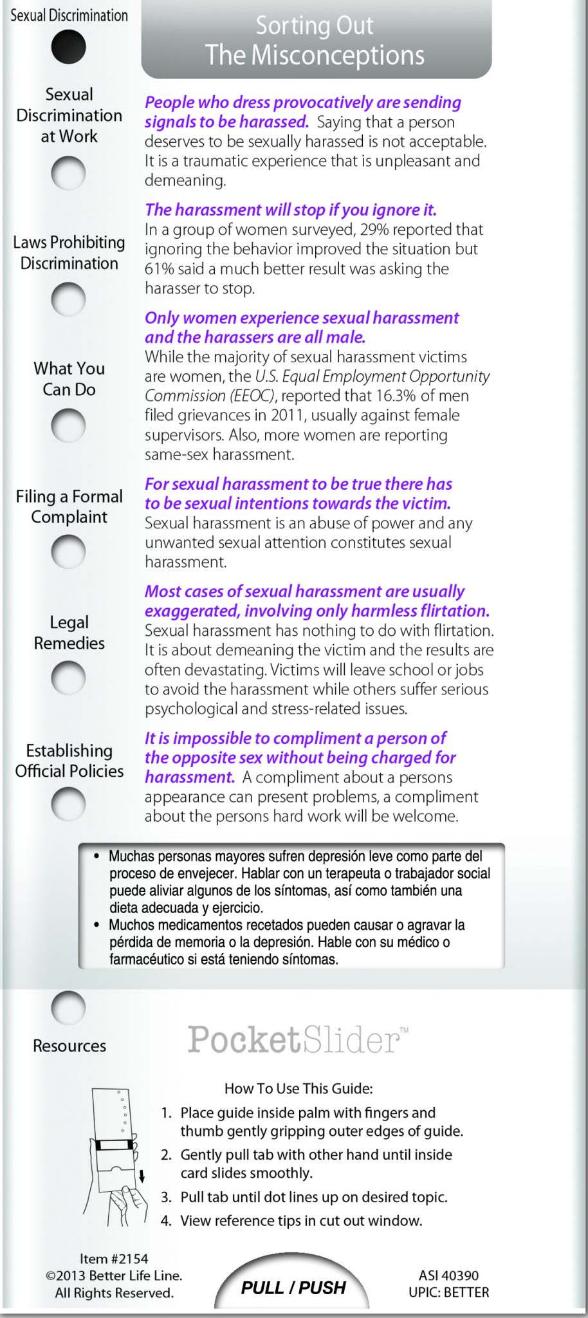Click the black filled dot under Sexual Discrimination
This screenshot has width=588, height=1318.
[68, 47]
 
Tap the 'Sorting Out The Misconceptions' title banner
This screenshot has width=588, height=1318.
[315, 40]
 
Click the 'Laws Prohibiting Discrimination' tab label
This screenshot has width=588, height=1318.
[69, 252]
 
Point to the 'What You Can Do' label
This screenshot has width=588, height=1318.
[69, 378]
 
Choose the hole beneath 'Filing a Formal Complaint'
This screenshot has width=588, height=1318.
[68, 552]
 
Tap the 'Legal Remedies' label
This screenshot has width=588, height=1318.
[69, 632]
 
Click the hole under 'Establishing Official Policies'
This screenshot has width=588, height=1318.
[68, 803]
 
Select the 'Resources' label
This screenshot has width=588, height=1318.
[69, 1046]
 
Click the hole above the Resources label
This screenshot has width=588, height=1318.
[68, 1008]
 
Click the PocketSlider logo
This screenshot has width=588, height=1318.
[297, 1039]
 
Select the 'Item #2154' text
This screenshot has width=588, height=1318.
[114, 1258]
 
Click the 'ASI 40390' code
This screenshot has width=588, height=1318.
[448, 1275]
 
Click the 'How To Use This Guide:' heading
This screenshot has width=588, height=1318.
[299, 1088]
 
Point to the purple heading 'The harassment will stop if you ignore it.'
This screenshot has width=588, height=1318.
[291, 210]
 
